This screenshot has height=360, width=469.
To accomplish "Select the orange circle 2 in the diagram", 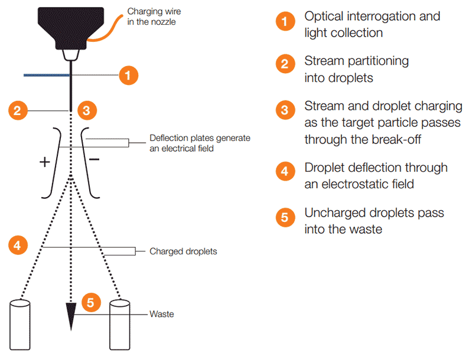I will pos(18,110).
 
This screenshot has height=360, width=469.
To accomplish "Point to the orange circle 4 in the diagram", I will pos(18,246).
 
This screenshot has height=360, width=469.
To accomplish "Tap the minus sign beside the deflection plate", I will pos(94,160).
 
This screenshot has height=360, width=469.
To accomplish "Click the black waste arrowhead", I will pos(71,319).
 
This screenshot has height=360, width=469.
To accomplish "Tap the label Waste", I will pos(162,315).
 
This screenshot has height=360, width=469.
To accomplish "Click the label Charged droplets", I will pos(183,251).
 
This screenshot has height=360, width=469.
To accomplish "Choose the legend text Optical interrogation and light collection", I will pos(372,24).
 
